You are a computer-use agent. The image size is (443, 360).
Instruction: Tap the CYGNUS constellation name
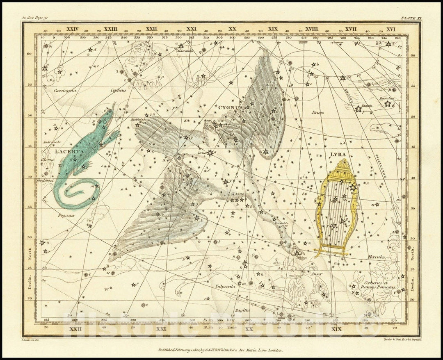click(230, 107)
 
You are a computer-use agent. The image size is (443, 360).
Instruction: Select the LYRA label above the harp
click(338, 155)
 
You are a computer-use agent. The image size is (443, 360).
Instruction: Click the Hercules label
click(376, 257)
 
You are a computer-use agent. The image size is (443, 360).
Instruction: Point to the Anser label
click(316, 273)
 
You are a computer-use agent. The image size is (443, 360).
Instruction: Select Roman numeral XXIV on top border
click(72, 29)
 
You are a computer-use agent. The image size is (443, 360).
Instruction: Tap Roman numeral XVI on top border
click(390, 29)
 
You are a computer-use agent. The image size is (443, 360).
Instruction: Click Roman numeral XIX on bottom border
click(336, 329)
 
